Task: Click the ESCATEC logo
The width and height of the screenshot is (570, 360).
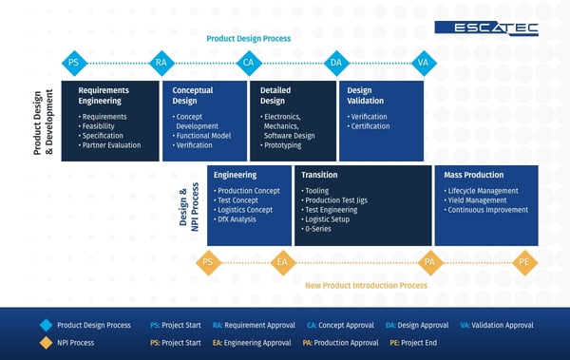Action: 487,28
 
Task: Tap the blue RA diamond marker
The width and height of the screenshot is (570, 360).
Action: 161,63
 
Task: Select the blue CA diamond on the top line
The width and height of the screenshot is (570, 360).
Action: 249,63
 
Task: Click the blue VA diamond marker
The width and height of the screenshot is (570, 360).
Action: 423,63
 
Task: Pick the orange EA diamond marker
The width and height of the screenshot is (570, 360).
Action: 282,261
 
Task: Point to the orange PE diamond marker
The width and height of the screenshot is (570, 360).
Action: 523,261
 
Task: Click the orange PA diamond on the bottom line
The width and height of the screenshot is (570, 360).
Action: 429,261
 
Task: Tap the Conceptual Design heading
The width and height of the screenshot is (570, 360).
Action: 193,95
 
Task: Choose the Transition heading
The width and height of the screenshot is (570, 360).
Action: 319,175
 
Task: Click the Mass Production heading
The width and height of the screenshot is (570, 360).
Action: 474,175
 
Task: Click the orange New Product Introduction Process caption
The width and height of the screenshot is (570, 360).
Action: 366,285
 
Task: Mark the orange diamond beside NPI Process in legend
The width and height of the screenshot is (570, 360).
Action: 46,343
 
